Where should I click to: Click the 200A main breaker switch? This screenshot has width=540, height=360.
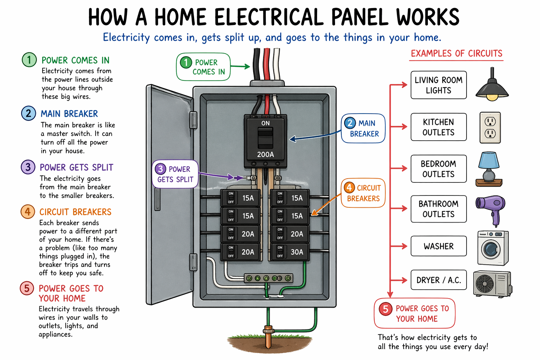[x=265, y=138]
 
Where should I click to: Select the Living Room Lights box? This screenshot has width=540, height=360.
[x=438, y=85]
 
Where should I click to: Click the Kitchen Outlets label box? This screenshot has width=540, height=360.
[x=438, y=127]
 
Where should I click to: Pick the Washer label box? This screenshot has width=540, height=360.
[x=438, y=246]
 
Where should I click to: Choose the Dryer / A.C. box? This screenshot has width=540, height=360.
[x=438, y=280]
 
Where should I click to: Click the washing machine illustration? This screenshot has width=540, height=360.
[x=493, y=248]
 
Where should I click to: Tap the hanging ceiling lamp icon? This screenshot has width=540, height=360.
[x=492, y=86]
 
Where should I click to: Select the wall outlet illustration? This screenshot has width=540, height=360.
[x=490, y=127]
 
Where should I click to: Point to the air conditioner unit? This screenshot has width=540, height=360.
[x=492, y=283]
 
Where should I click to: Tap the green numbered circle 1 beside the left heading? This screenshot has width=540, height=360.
[x=29, y=60]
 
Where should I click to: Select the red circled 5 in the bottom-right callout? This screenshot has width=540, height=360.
[x=385, y=309]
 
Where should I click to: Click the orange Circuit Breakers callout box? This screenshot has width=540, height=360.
[x=363, y=193]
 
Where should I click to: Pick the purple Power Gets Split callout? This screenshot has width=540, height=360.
[x=175, y=174]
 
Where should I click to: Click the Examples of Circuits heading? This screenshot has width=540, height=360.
[x=456, y=53]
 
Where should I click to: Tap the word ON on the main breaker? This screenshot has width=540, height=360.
[x=265, y=123]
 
